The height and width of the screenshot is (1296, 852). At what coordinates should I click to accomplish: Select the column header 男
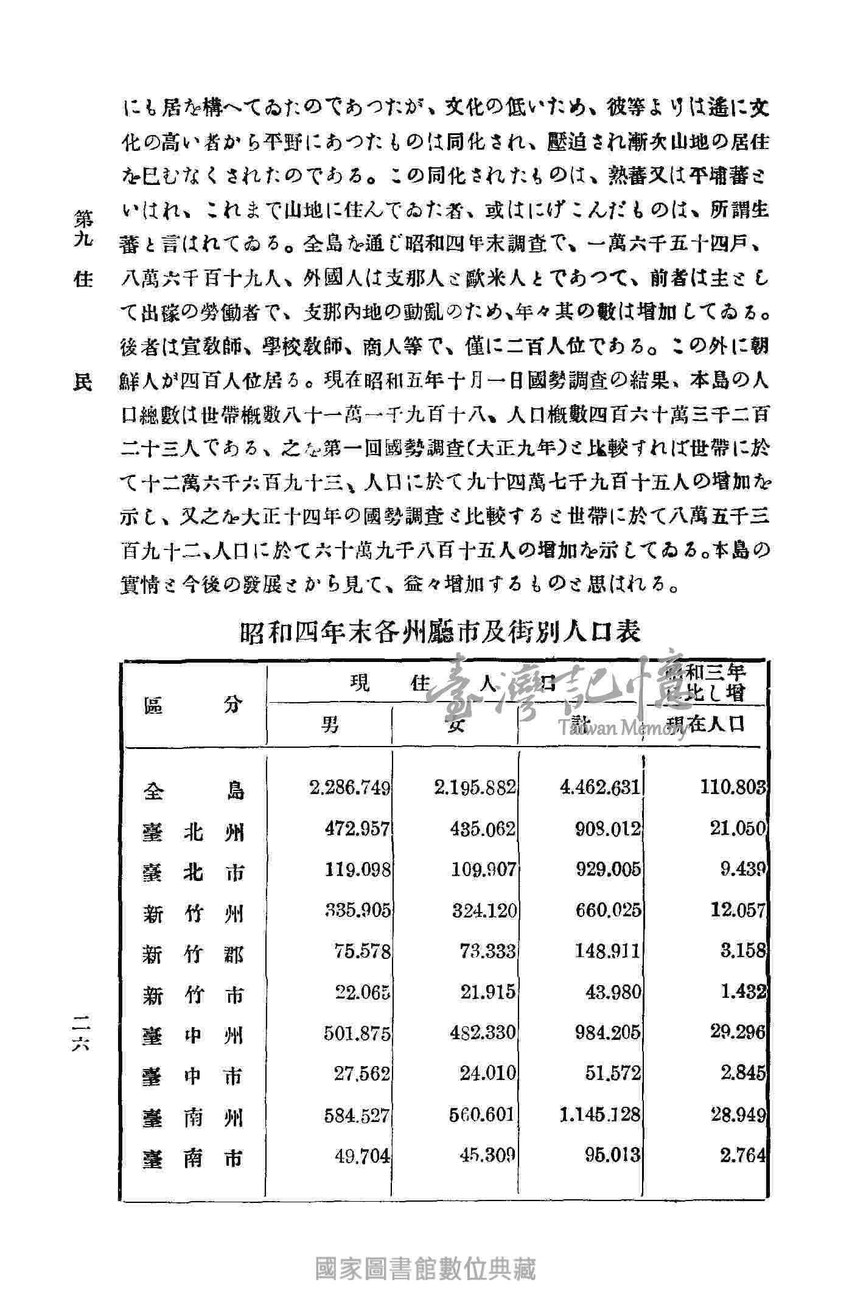330,724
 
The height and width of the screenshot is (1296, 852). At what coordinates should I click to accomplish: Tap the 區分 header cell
194,706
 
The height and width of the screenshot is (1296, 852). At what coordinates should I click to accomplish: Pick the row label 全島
194,790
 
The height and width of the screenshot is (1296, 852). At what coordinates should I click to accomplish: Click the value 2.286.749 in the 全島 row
350,788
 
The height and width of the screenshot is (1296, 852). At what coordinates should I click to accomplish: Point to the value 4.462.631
601,788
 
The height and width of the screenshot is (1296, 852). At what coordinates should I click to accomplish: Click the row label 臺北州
194,831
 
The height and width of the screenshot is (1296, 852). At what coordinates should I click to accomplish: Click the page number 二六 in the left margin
80,1033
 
